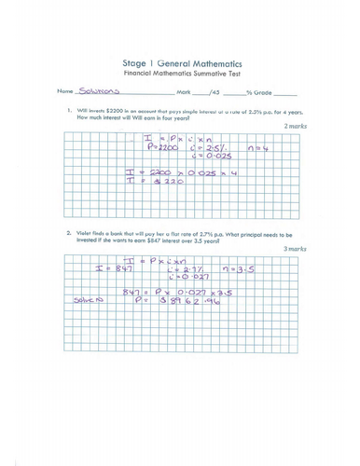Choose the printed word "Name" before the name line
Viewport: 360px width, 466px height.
point(64,92)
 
